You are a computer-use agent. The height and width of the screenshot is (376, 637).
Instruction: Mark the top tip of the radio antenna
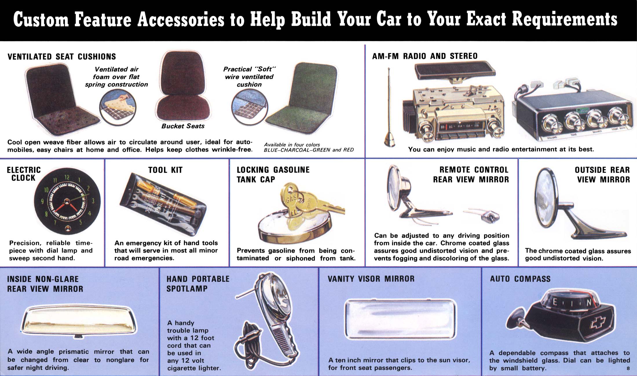(389, 68)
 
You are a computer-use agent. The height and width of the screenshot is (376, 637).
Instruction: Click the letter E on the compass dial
(555, 302)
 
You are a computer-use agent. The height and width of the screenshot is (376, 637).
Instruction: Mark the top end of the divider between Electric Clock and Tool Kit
(105, 159)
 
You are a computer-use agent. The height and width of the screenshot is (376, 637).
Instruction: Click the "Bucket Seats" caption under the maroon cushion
(183, 126)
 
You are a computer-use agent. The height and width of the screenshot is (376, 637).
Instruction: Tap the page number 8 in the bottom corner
(628, 368)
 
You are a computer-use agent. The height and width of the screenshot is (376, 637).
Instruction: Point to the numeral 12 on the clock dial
(67, 177)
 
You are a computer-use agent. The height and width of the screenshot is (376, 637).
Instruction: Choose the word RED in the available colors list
(348, 150)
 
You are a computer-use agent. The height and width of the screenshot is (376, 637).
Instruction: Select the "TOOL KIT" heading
(165, 170)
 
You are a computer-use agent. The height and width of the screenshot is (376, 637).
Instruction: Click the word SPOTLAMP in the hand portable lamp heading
(187, 289)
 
